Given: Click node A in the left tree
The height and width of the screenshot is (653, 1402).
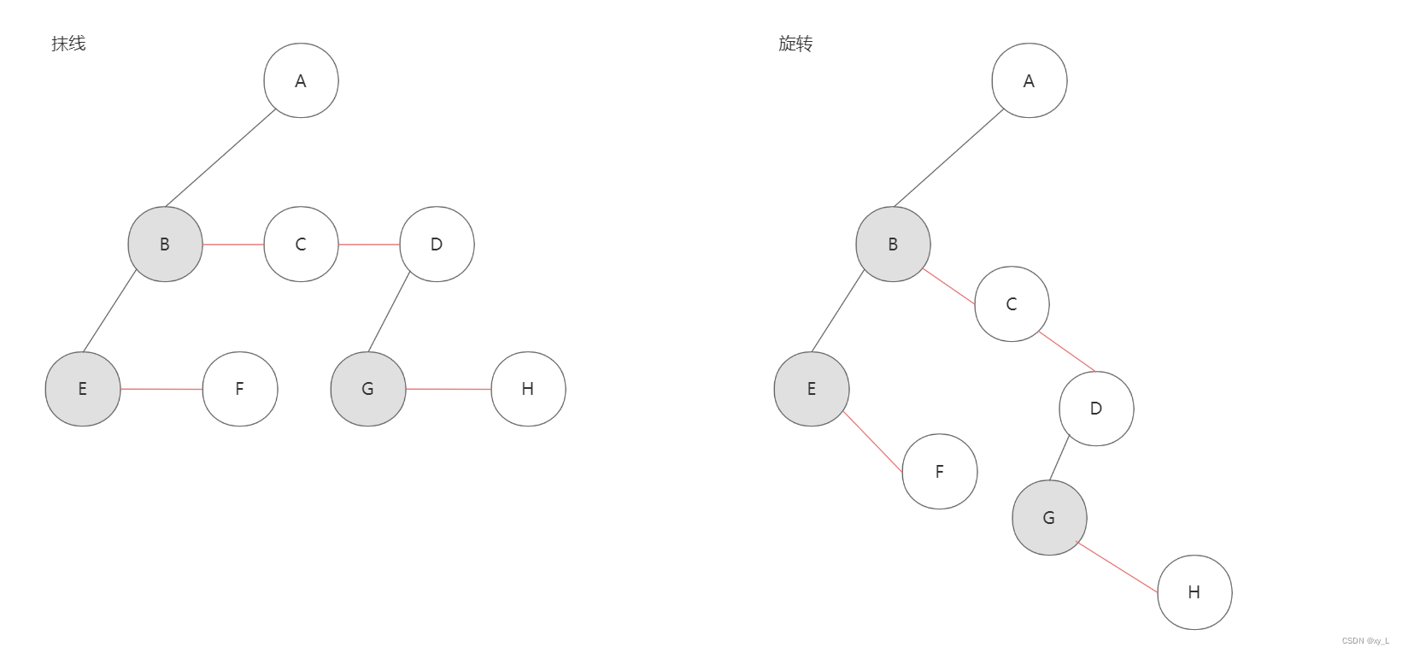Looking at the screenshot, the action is [301, 81].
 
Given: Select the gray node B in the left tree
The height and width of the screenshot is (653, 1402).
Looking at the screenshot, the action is [165, 244].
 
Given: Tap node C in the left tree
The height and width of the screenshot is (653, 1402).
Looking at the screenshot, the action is [301, 244].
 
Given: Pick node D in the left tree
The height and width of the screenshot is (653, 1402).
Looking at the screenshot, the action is [437, 244].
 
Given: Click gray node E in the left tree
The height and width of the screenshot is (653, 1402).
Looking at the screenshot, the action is [83, 389].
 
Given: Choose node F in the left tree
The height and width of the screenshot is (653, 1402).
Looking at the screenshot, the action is [240, 389].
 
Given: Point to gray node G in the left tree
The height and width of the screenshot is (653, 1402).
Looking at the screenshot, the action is [368, 389].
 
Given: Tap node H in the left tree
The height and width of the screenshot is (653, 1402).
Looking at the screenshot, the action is [528, 389].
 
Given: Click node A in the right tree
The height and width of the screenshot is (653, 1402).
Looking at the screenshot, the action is [1029, 81].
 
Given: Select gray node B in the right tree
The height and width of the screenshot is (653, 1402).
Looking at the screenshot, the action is [893, 244].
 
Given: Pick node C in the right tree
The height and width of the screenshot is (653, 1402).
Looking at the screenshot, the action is [1012, 304].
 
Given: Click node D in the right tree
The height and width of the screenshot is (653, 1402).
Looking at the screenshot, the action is [1096, 409].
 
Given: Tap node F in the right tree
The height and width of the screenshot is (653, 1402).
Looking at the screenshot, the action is [939, 472].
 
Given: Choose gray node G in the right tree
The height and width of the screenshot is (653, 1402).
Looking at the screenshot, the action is [1049, 518].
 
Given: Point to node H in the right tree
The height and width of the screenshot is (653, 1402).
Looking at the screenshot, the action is [1194, 592].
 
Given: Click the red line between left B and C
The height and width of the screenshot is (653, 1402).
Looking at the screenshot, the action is [233, 244].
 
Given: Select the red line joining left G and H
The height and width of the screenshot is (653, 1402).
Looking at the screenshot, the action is [449, 389].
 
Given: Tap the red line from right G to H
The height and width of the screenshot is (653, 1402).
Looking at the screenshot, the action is [1117, 567].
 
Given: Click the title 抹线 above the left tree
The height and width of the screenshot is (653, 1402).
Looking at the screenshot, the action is [68, 44].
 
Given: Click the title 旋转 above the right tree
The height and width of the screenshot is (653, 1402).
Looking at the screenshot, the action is [795, 44].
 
